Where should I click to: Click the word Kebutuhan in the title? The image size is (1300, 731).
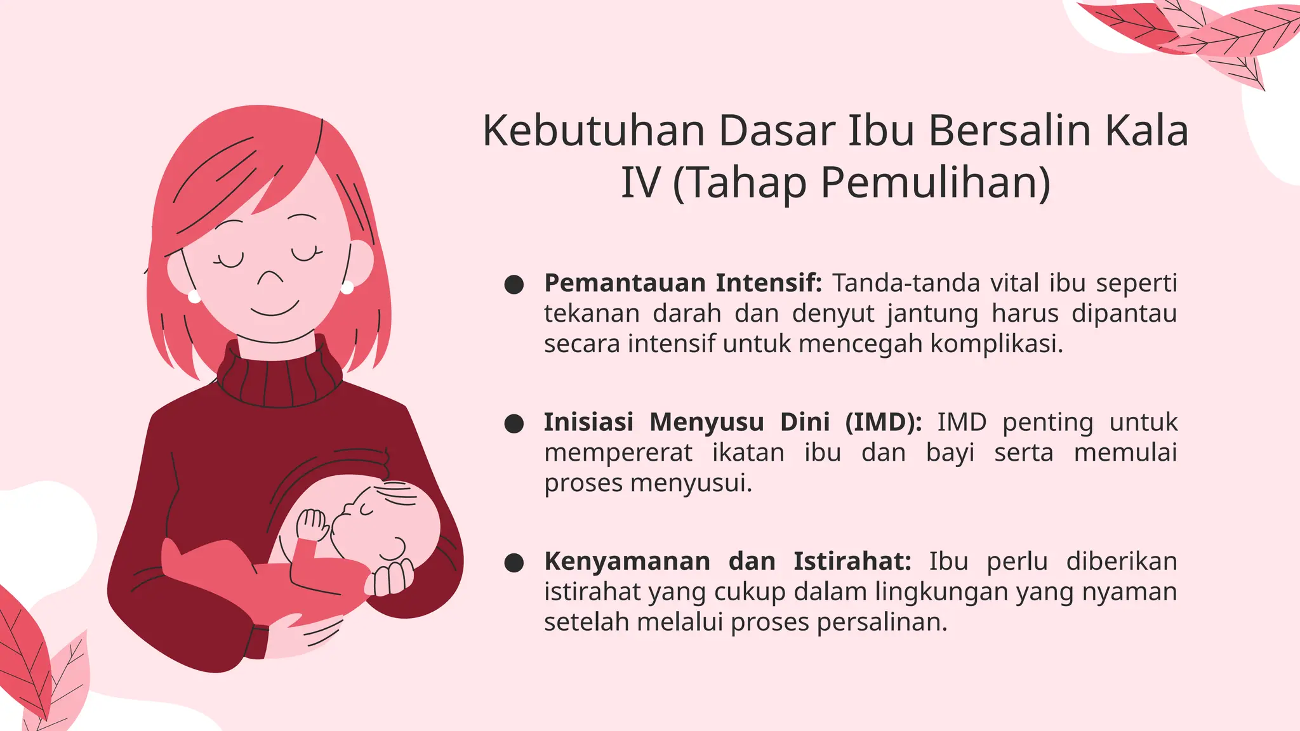pyautogui.click(x=594, y=131)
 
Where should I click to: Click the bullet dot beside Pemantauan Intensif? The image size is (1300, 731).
pyautogui.click(x=514, y=284)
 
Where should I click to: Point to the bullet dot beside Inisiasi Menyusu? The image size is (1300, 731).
pyautogui.click(x=514, y=423)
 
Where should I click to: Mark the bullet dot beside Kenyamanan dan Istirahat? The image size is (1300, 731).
pyautogui.click(x=514, y=562)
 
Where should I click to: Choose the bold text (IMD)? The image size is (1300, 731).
pyautogui.click(x=883, y=422)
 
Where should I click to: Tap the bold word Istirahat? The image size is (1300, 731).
pyautogui.click(x=852, y=562)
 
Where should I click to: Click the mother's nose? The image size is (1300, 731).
pyautogui.click(x=270, y=278)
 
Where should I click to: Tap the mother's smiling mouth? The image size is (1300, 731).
pyautogui.click(x=274, y=310)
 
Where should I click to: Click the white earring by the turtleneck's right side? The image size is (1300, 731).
pyautogui.click(x=347, y=288)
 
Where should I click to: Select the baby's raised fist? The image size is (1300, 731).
pyautogui.click(x=312, y=524)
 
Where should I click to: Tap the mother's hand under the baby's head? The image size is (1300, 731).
pyautogui.click(x=392, y=579)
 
